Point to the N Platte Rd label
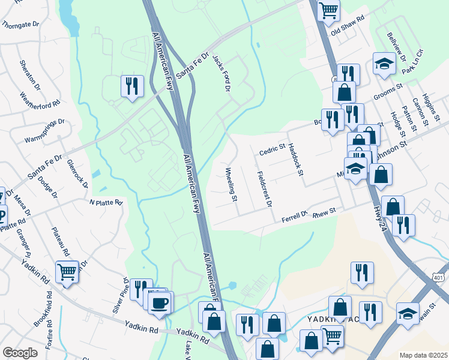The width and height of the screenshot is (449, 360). [106, 203]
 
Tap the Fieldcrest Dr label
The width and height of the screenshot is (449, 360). [264, 189]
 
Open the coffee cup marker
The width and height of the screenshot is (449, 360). [160, 302]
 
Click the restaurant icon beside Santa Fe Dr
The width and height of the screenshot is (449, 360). [131, 86]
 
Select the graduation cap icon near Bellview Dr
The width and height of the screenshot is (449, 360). [384, 64]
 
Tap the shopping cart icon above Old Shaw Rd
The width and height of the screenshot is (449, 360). [328, 10]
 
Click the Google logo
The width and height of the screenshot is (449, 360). [20, 353]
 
